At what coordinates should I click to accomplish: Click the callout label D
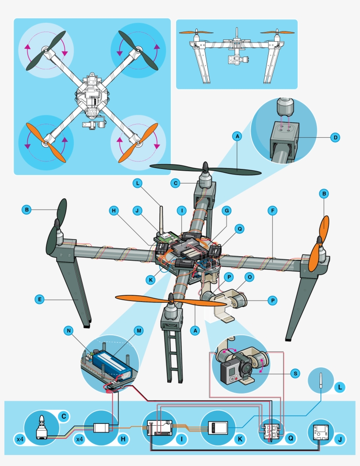pyautogui.click(x=335, y=137)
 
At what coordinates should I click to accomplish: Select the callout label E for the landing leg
pyautogui.click(x=40, y=299)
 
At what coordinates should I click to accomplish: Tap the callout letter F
pyautogui.click(x=273, y=211)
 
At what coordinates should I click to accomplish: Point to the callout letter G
pyautogui.click(x=227, y=211)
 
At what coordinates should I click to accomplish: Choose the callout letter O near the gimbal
pyautogui.click(x=249, y=277)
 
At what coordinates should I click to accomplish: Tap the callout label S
pyautogui.click(x=295, y=373)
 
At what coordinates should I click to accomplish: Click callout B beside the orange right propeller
pyautogui.click(x=324, y=193)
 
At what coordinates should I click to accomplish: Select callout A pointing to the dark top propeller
pyautogui.click(x=237, y=137)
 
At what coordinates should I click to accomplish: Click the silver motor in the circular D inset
pyautogui.click(x=283, y=107)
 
